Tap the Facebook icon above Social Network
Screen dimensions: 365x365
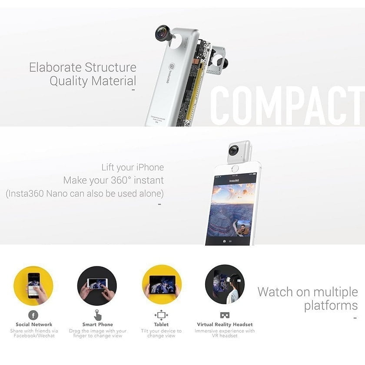[33, 315]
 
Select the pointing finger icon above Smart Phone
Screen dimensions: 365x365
[98, 315]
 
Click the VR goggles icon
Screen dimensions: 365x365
[225, 315]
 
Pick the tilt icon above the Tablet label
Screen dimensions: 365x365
[161, 315]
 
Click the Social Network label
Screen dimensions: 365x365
[34, 325]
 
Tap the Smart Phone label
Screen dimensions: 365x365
[98, 325]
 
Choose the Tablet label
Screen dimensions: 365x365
[161, 325]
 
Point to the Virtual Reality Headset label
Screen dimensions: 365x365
[225, 325]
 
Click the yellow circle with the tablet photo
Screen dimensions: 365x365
[162, 285]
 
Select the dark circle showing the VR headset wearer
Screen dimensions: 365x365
[225, 285]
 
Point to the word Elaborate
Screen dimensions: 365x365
[56, 67]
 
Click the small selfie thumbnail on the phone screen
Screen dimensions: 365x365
[243, 227]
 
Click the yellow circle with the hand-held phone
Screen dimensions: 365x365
[33, 285]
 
